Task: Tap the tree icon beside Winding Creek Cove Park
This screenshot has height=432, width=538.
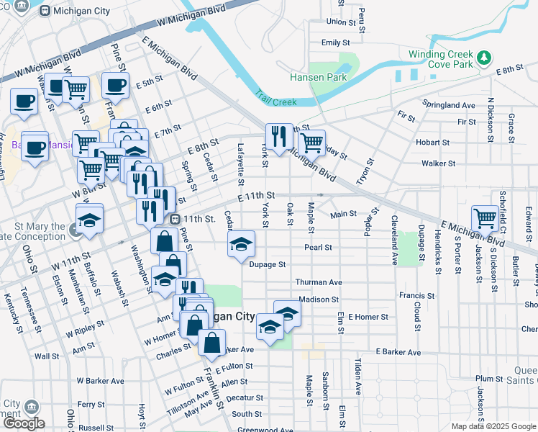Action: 485,55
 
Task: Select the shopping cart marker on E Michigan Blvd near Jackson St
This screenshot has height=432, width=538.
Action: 485,217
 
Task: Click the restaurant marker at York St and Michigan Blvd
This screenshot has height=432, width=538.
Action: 279,135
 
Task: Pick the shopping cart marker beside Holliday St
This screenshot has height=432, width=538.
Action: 311,142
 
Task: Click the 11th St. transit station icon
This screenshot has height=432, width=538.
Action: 174,219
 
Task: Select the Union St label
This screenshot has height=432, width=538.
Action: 342,22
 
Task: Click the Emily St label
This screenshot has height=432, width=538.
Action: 335,42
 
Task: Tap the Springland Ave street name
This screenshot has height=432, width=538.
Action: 449,105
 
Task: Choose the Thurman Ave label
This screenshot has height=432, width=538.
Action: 318,282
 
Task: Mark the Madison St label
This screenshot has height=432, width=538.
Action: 318,300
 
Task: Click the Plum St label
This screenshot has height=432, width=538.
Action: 488,379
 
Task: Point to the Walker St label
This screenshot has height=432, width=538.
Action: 439,163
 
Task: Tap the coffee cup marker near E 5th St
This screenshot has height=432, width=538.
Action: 115,86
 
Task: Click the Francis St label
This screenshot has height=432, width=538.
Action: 417,295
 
